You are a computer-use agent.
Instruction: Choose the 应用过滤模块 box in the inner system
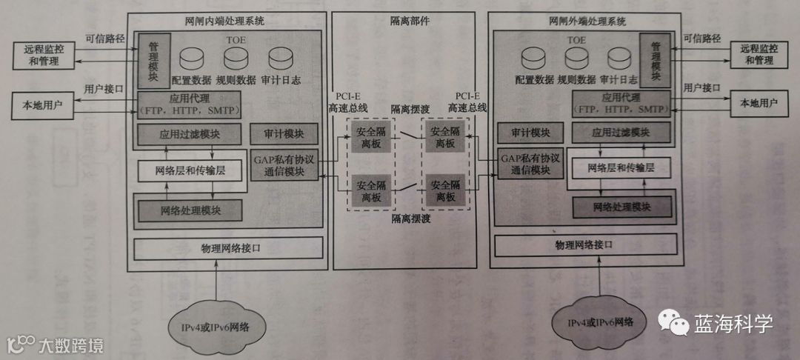[x=189, y=135]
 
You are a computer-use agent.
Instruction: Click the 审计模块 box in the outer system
[x=529, y=133]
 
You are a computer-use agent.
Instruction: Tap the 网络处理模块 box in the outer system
[x=621, y=206]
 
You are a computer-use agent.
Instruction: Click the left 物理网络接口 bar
[x=228, y=247]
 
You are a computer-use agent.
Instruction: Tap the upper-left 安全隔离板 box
[x=369, y=136]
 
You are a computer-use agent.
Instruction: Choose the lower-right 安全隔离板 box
[x=444, y=190]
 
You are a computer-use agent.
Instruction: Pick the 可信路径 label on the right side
[x=701, y=37]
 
